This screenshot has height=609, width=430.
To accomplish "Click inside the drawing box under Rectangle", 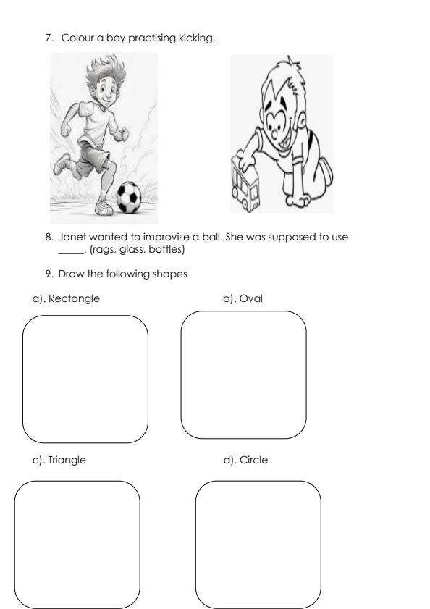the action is [85, 379].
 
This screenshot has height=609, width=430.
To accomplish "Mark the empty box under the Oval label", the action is [243, 374].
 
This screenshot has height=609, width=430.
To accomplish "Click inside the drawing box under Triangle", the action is [77, 544].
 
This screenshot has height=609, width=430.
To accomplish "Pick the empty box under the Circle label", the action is [258, 544].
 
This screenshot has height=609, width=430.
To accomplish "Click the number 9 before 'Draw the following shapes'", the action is [48, 272].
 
